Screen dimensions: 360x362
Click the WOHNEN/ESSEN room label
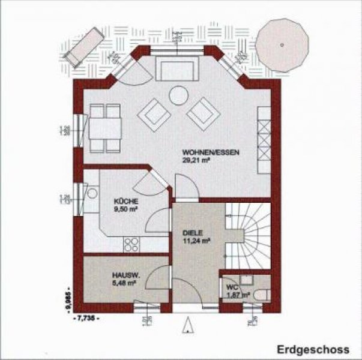pyautogui.click(x=211, y=153)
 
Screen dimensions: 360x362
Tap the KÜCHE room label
pyautogui.click(x=126, y=202)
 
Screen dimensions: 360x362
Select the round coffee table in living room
pyautogui.click(x=178, y=95)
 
